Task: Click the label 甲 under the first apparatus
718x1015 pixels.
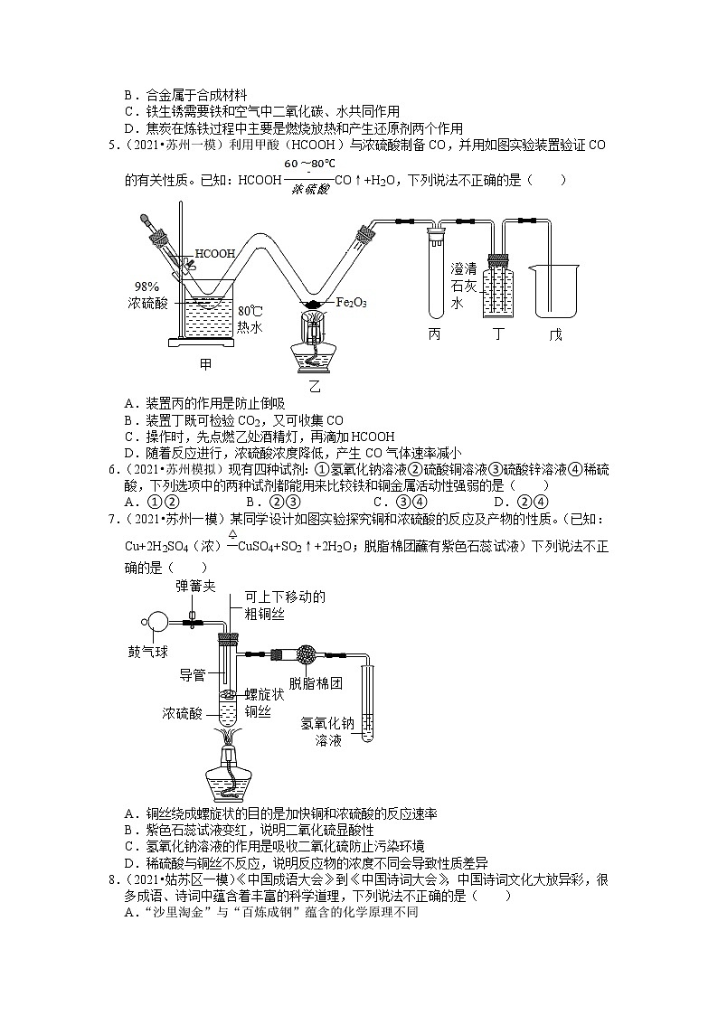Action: pyautogui.click(x=206, y=365)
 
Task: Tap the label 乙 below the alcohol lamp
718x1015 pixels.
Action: pyautogui.click(x=314, y=386)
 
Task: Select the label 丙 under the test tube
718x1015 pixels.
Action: pyautogui.click(x=435, y=334)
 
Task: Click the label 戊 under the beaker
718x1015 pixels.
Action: pyautogui.click(x=554, y=334)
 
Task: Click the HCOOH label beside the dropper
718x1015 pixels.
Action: pyautogui.click(x=214, y=254)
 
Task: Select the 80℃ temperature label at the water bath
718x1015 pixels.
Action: pyautogui.click(x=250, y=311)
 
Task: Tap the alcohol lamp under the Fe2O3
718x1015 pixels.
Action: pyautogui.click(x=314, y=348)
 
